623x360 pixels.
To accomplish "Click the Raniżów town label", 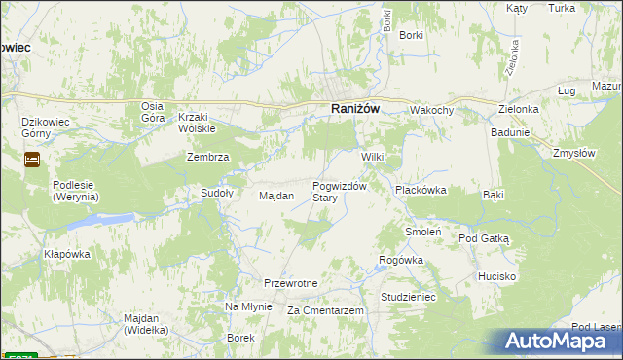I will coord(354,110).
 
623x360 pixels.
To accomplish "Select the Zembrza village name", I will coord(207,157).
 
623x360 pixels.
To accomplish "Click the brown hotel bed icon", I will coord(31,159).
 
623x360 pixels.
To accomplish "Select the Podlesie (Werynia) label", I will coord(76,192).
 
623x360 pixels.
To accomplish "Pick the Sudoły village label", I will coord(216,193).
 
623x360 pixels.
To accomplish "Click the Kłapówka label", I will coord(66,254).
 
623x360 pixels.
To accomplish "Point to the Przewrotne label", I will coord(291,283).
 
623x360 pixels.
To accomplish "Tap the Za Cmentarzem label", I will coord(325,310).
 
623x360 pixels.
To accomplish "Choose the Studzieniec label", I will coord(408,296).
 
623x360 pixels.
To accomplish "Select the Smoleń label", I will coord(423,233).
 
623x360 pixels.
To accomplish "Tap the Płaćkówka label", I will coord(420,191).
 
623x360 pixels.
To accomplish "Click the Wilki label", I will coord(374,157).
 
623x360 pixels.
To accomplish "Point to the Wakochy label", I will coord(431,110).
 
